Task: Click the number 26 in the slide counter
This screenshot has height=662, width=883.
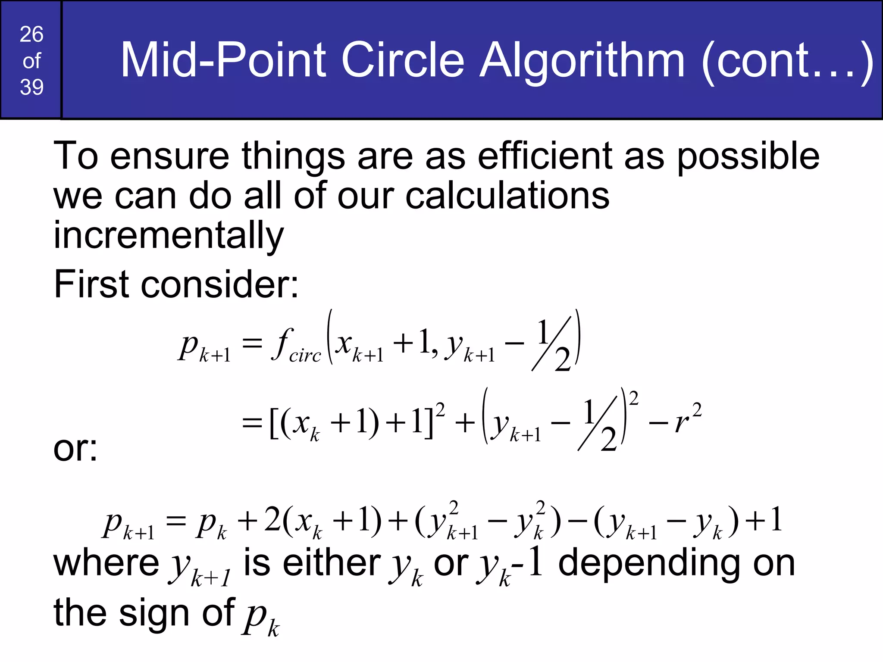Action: pos(31,34)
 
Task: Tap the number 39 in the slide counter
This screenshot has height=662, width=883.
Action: pos(31,87)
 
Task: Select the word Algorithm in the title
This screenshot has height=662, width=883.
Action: pos(582,61)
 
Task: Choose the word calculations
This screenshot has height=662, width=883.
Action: pos(507,196)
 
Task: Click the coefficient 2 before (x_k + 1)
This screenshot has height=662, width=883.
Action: pos(272,520)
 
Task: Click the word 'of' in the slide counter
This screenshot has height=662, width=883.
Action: pos(31,61)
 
